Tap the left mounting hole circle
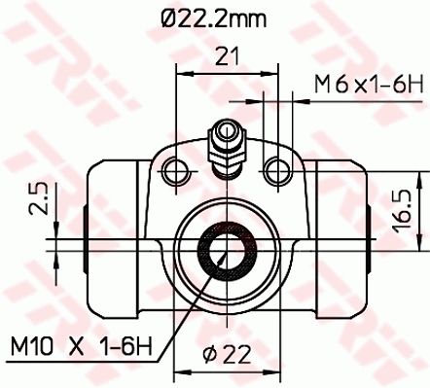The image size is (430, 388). tap(175, 172)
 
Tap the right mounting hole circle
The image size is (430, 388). tap(276, 172)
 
